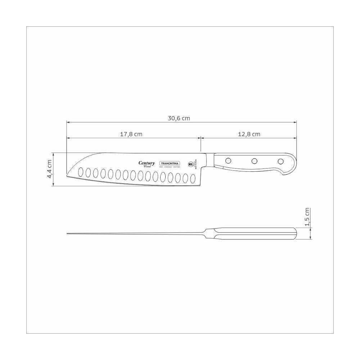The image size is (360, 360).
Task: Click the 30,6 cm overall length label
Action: click(x=179, y=118)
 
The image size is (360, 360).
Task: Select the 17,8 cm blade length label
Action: click(x=131, y=134)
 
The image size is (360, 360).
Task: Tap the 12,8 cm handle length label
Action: click(x=249, y=134)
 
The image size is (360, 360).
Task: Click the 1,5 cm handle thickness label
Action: click(x=307, y=217)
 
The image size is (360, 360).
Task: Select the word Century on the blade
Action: click(x=147, y=163)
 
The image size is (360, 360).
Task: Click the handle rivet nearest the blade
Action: click(x=228, y=161)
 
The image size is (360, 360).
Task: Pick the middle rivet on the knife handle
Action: click(x=254, y=161)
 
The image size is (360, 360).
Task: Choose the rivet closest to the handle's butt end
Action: click(x=280, y=161)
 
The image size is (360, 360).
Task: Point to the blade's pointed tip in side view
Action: click(x=68, y=176)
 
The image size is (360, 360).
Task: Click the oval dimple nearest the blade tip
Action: click(x=81, y=171)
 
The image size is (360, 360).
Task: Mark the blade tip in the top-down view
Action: click(x=68, y=234)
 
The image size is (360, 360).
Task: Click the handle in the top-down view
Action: click(x=256, y=234)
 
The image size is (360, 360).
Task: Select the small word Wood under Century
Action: click(x=147, y=167)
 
